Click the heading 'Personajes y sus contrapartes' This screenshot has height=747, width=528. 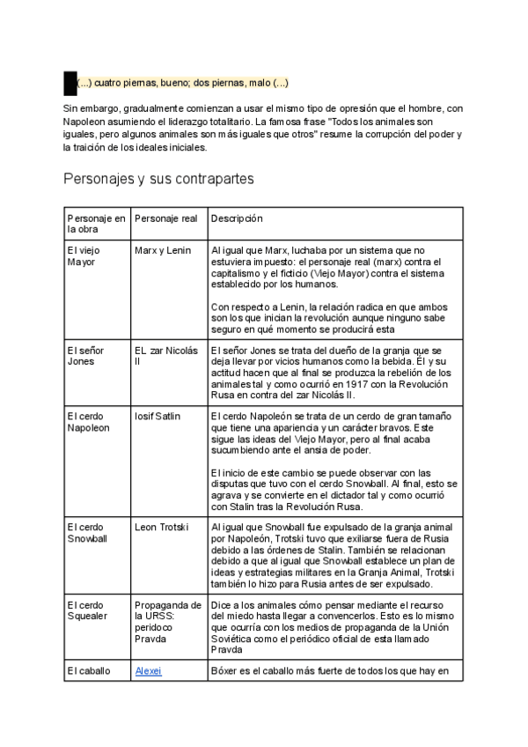(x=158, y=179)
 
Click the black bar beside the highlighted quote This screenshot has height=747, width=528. (x=70, y=84)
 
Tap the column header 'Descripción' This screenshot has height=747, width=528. (x=237, y=218)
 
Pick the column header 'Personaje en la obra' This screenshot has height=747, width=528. (x=97, y=224)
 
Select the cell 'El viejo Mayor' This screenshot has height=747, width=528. (x=84, y=256)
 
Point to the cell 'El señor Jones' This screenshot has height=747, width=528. (x=85, y=356)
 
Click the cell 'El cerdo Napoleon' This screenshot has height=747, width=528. (x=89, y=421)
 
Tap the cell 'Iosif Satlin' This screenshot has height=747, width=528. (x=159, y=416)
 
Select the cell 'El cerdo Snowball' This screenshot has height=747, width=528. (x=88, y=533)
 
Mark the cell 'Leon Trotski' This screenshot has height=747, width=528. (x=162, y=528)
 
